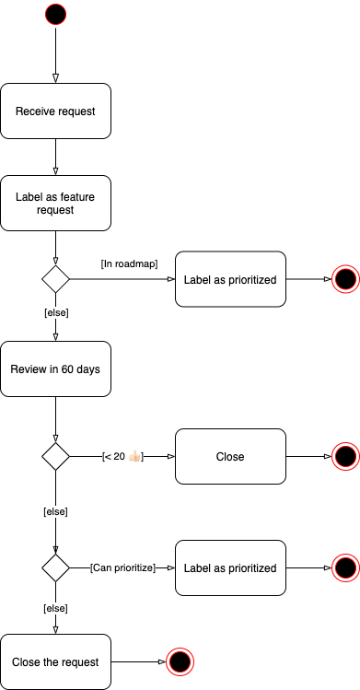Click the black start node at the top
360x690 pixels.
coord(55,14)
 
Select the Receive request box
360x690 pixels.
coord(55,111)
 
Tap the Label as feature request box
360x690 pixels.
coord(55,203)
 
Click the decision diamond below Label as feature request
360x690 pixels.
coord(55,279)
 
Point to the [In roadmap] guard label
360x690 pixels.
coord(129,263)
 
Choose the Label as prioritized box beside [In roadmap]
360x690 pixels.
coord(230,279)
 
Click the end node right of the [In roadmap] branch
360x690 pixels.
coord(345,279)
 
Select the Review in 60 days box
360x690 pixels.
coord(55,369)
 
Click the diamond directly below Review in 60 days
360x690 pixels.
coord(55,456)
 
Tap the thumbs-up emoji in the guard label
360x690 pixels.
coord(134,456)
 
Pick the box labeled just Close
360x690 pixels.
coord(230,456)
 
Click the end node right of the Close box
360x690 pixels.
coord(345,456)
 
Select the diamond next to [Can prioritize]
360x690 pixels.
coord(55,567)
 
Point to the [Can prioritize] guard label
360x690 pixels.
coord(122,567)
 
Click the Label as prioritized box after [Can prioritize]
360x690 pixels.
coord(230,567)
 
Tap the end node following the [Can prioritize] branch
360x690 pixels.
coord(345,567)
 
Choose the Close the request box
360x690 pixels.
coord(55,661)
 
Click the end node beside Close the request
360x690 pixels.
coord(180,661)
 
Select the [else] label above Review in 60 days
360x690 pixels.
coord(56,313)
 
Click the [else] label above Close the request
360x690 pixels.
coord(56,609)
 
